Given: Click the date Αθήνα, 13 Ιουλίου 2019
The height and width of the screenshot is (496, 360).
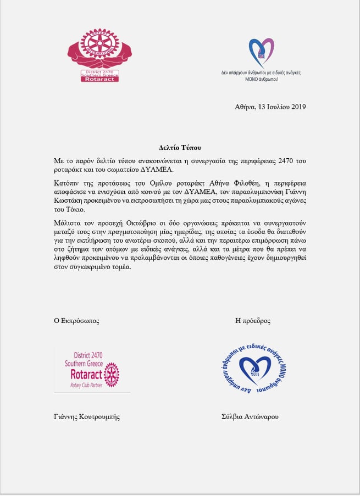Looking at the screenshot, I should [270, 107].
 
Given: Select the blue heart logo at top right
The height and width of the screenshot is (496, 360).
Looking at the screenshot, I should [261, 53].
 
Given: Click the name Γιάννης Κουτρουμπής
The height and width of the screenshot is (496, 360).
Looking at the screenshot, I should [87, 416].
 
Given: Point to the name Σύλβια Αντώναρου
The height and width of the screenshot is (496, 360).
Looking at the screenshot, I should [249, 416].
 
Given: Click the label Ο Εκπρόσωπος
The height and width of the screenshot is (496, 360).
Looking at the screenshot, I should [76, 321].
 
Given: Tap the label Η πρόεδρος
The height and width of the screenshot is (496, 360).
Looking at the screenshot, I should [252, 321].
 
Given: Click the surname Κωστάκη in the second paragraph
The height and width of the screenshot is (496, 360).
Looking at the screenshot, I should [70, 200].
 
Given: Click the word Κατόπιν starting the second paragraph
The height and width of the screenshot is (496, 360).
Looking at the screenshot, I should [67, 181].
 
